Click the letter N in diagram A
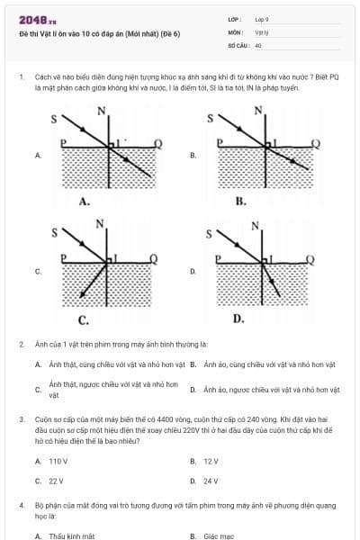tap(101, 110)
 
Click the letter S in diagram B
tap(211, 118)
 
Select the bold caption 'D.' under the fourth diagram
tap(238, 318)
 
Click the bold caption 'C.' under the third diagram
tap(83, 319)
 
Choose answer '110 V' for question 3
tap(58, 461)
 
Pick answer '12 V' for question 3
tap(211, 461)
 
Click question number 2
tap(21, 345)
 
